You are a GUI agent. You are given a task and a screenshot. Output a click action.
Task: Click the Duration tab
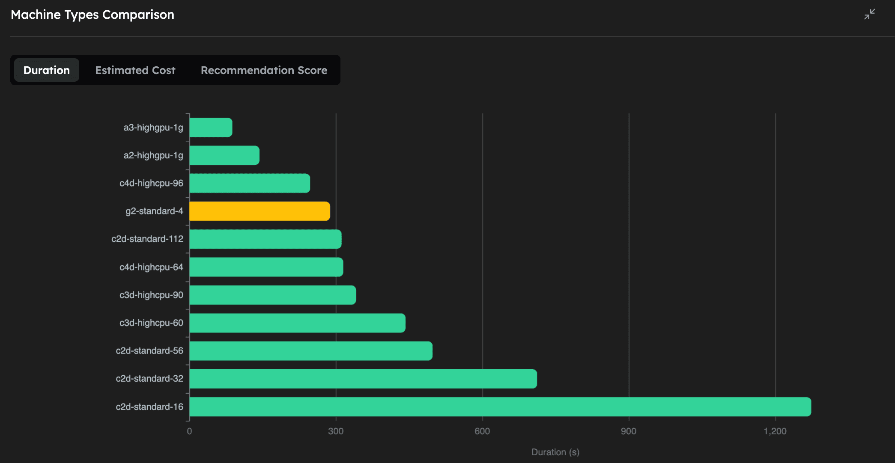tap(46, 70)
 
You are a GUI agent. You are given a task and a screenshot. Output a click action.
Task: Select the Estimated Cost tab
tap(135, 70)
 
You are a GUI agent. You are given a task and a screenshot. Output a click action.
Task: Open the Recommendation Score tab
tap(264, 70)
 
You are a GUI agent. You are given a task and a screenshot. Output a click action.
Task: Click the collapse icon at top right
tap(869, 15)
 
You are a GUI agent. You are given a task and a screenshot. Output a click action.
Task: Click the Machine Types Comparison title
tap(92, 15)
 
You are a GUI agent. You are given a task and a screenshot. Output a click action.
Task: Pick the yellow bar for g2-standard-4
tap(260, 211)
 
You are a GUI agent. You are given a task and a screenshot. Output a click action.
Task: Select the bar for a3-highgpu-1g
tap(211, 128)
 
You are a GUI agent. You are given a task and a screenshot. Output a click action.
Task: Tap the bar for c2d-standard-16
tap(500, 407)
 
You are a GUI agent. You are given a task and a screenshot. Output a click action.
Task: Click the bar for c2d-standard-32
tap(363, 379)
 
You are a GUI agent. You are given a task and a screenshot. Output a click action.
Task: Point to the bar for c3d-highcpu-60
tap(297, 323)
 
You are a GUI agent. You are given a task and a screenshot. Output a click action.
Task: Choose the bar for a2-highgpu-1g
tap(224, 155)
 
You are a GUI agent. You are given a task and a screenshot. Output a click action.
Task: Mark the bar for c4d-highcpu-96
tap(250, 184)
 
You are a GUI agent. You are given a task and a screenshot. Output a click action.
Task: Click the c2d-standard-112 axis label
tap(147, 239)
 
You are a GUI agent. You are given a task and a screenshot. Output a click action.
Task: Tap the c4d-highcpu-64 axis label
tap(151, 267)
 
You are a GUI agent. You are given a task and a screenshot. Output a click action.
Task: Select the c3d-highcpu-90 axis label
tap(151, 295)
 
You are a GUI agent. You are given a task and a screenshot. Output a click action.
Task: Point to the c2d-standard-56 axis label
tap(149, 351)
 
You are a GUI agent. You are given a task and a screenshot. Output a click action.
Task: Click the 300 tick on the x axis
tap(336, 431)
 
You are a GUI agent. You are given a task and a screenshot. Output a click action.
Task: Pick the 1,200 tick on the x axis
tap(775, 431)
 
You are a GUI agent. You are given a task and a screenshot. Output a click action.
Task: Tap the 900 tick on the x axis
tap(628, 431)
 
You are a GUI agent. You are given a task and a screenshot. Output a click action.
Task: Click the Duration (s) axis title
tap(555, 452)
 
